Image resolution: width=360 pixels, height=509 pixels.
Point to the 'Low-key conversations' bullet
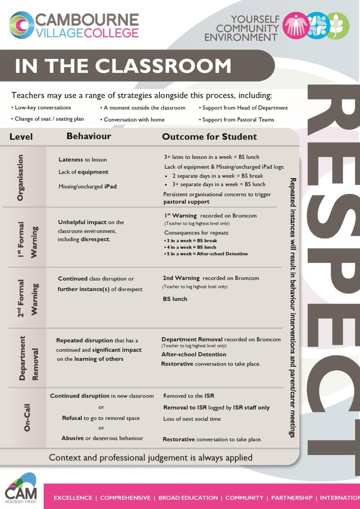[x=41, y=108]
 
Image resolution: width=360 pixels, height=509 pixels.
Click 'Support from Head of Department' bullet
[x=243, y=108]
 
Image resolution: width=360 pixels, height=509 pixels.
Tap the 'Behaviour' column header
[x=89, y=136]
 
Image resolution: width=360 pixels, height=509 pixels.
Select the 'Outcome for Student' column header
[x=209, y=137]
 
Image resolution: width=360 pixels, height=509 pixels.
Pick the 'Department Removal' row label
[x=29, y=358]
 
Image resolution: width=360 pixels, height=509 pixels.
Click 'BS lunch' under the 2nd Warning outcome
[x=175, y=299]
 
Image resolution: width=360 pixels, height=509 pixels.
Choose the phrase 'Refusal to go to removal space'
[x=101, y=418]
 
